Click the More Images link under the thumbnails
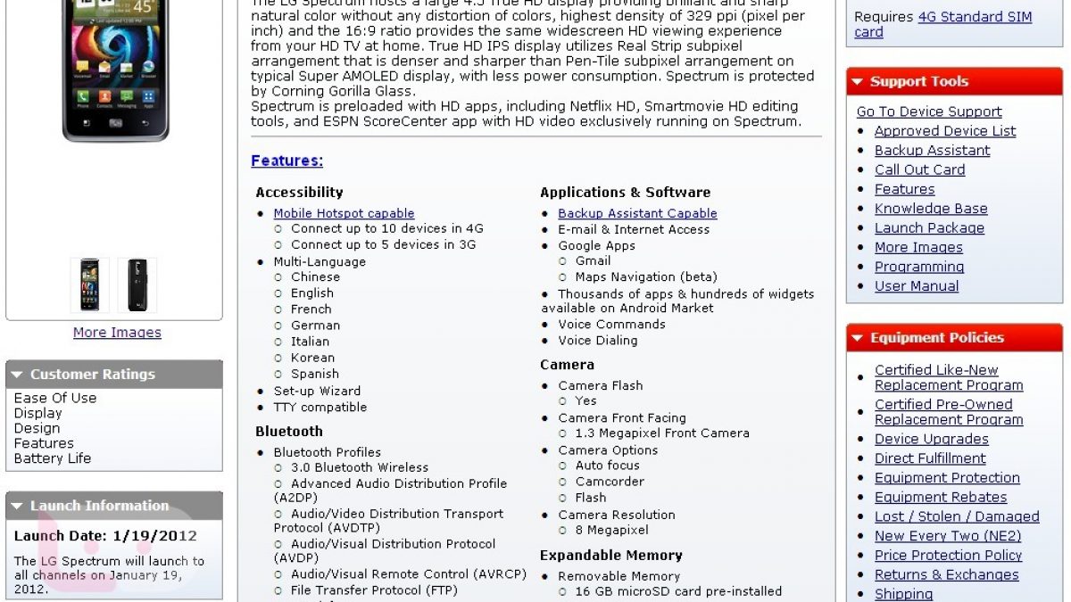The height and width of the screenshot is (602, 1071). tap(117, 333)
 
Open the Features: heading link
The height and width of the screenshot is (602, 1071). tap(286, 161)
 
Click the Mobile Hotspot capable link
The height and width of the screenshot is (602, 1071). tap(344, 213)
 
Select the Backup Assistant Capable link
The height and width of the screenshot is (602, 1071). tap(637, 213)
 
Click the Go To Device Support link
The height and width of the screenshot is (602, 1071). tap(928, 111)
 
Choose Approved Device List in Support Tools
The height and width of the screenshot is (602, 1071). tap(945, 131)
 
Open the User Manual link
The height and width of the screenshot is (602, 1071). tap(916, 286)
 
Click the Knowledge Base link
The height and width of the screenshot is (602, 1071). tap(930, 209)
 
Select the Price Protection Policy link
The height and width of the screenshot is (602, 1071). tap(948, 556)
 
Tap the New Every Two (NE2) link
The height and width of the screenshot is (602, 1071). tap(947, 536)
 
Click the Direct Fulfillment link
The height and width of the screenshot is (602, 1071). tap(930, 458)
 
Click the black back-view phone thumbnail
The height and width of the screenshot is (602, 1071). tap(137, 285)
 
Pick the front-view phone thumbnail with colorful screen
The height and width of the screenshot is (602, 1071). tap(89, 285)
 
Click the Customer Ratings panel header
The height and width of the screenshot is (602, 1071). tap(114, 375)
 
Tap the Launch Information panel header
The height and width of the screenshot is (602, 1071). tap(114, 506)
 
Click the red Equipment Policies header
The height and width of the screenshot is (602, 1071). tap(954, 338)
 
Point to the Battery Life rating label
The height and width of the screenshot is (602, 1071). tap(53, 458)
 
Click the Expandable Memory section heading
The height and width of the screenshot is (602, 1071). tap(610, 556)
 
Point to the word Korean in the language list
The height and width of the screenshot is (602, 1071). tap(314, 358)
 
